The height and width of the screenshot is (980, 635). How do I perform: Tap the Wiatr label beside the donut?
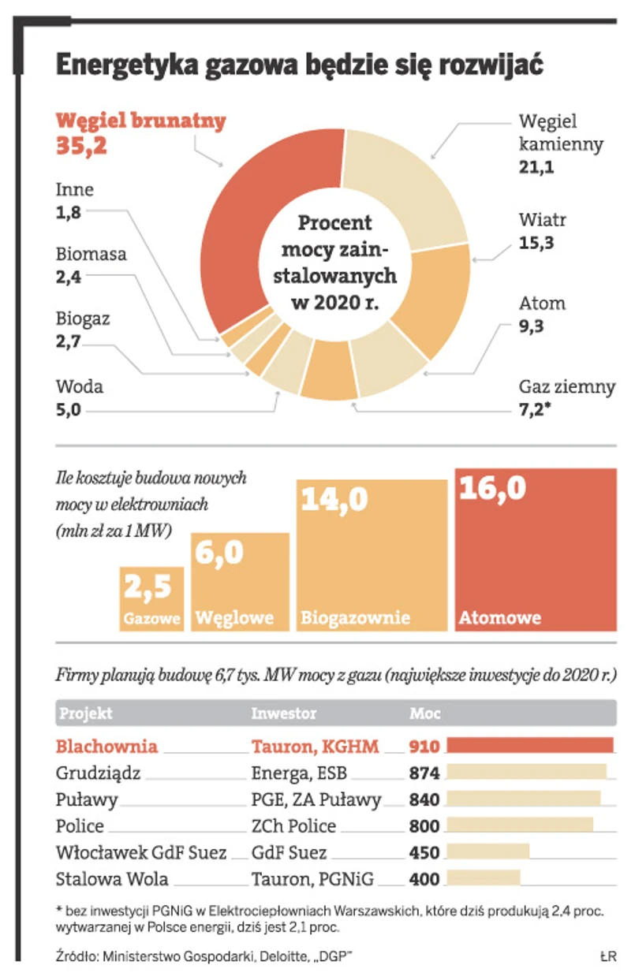pos(542,219)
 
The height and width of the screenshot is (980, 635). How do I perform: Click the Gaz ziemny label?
pos(566,386)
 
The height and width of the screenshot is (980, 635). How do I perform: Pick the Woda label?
pos(79,387)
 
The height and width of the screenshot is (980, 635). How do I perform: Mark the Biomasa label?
pos(92,255)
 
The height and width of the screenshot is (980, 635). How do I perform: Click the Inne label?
pos(74,189)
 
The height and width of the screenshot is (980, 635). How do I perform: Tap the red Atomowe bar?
pos(536,552)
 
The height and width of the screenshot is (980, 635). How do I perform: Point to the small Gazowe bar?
pos(152,599)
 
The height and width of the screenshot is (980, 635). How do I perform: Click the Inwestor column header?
pos(283,714)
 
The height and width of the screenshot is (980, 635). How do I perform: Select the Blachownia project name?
pos(106,746)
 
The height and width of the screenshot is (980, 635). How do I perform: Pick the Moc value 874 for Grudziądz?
pos(424,773)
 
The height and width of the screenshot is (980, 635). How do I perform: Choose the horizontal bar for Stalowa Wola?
pos(484,879)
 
